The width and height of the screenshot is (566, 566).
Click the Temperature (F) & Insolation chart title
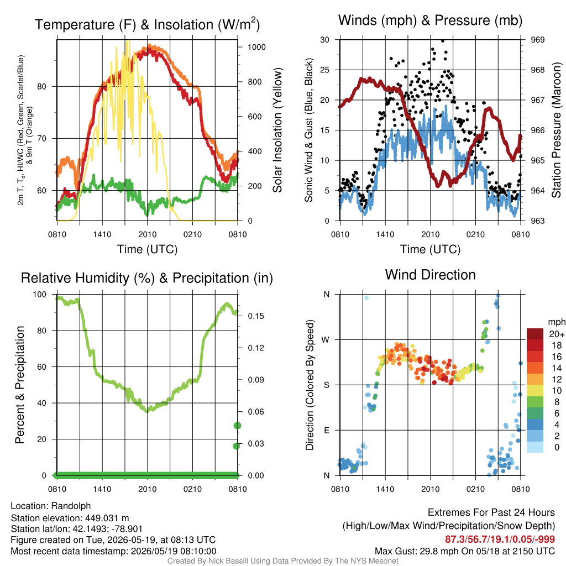[x=147, y=24]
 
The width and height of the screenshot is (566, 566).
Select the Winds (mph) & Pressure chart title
[x=430, y=20]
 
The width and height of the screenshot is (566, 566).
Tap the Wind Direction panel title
[x=430, y=275]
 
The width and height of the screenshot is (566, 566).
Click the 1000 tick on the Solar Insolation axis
[x=256, y=47]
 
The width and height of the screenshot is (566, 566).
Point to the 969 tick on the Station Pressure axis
[x=537, y=39]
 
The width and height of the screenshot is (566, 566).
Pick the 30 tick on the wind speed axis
[x=325, y=39]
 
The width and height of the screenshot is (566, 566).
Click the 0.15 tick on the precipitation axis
[x=256, y=316]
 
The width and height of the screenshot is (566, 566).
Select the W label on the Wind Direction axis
[x=325, y=340]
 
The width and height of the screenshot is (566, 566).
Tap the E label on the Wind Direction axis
[x=327, y=430]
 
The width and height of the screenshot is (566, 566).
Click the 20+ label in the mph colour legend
[x=557, y=334]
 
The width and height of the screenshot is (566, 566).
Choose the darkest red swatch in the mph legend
[x=535, y=334]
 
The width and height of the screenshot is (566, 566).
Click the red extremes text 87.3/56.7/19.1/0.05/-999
[x=500, y=539]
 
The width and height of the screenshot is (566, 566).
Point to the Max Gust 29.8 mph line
[x=464, y=551]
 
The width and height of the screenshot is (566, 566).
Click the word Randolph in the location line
[x=71, y=506]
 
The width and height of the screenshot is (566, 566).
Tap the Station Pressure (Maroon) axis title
[x=556, y=130]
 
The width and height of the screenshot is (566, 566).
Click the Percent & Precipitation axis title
[x=19, y=385]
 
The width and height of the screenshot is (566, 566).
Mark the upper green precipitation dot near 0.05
[x=237, y=426]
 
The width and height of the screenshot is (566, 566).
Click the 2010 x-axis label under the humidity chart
[x=147, y=489]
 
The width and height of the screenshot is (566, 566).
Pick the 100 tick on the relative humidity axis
[x=40, y=294]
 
